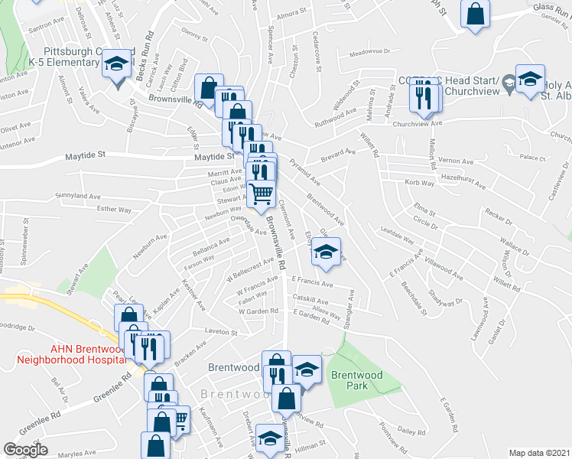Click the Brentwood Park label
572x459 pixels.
349,380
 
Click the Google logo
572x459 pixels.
26,450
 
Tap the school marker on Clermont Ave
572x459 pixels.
327,252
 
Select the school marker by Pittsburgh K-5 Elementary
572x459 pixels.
117,63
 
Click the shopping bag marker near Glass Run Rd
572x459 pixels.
475,13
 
